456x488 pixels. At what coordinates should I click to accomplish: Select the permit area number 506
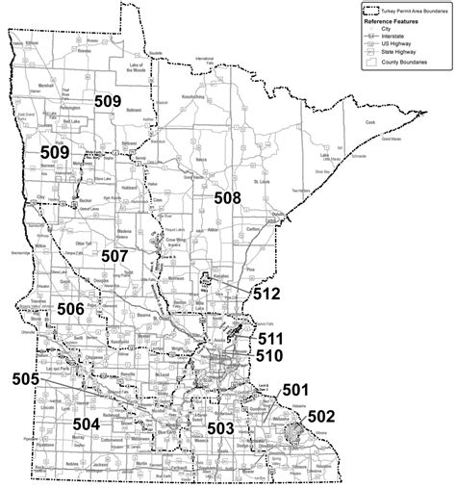(x=76, y=308)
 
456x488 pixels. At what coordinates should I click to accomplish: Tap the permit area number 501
(x=293, y=390)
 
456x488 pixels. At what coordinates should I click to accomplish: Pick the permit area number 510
(x=268, y=355)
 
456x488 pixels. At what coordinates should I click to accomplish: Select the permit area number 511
(x=269, y=339)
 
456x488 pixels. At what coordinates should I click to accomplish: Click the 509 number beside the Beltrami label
(x=108, y=99)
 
